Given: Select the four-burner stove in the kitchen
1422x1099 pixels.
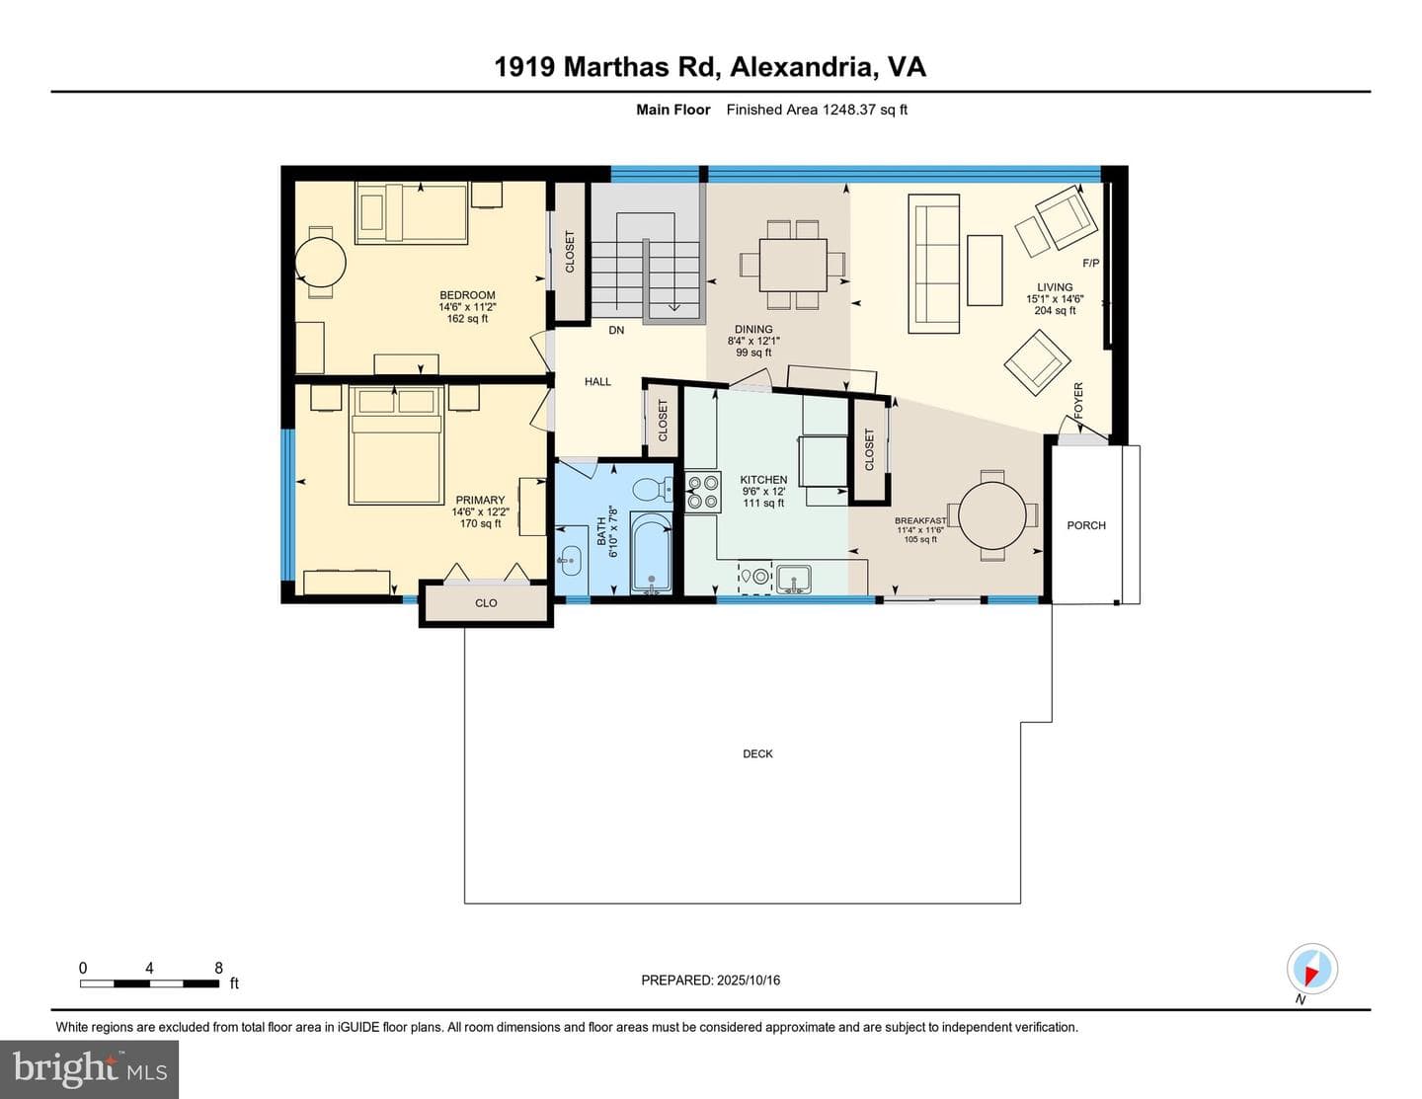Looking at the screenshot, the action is pos(703,492).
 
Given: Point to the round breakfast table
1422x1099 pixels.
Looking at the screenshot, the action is pos(992,515).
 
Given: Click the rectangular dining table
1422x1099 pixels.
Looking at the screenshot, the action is pos(793,265).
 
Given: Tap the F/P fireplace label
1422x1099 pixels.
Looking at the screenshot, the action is pos(1091,263).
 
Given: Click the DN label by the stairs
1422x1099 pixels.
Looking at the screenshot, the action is pos(616,331).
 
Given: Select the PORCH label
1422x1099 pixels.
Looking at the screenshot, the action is pos(1086,525).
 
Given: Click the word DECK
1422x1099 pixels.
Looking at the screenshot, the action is pos(757,753).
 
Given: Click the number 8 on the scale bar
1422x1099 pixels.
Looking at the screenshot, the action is pos(218,968).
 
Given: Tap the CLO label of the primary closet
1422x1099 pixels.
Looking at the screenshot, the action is pos(486,603).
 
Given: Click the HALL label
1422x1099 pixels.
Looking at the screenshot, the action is pos(597,381).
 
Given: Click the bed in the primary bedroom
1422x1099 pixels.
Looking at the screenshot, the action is pos(396,444).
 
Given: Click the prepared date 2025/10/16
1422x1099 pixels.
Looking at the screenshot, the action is pos(749,980).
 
